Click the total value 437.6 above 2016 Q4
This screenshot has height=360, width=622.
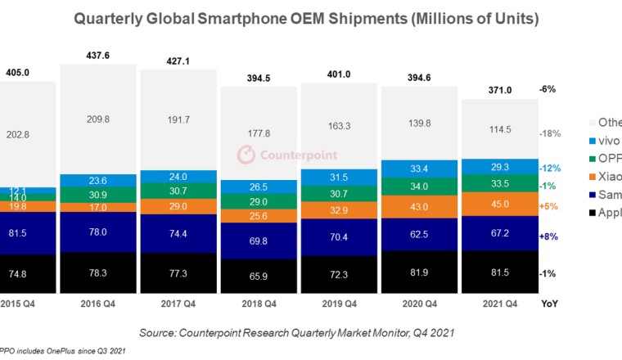pos(99,56)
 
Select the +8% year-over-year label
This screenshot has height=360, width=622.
pos(548,236)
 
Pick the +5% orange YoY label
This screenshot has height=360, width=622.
pos(548,206)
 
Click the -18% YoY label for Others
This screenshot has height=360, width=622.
pos(548,133)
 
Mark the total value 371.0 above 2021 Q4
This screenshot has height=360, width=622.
pos(499,89)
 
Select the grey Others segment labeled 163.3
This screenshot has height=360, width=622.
pos(340,126)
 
